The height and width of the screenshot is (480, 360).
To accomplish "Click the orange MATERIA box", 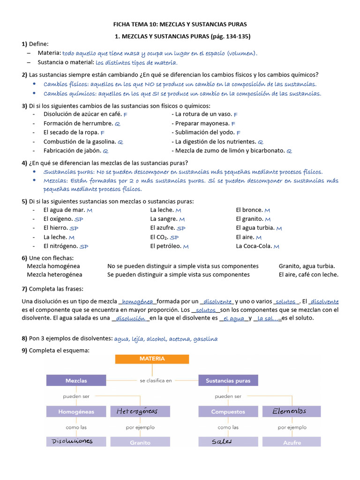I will (x=152, y=359).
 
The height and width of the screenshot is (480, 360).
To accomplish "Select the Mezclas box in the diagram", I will (x=76, y=381).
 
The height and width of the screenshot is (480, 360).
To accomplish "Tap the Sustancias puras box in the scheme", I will (x=228, y=381).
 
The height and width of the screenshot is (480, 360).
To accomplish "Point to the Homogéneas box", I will (x=76, y=412).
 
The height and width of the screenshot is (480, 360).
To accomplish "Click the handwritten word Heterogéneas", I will (x=137, y=412).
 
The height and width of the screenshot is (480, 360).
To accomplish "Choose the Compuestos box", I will (x=228, y=412).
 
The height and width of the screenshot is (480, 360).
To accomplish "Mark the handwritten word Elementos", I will (x=291, y=412).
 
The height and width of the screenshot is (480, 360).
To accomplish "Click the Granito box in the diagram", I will (x=140, y=442).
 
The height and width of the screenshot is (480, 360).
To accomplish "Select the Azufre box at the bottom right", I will (x=292, y=442).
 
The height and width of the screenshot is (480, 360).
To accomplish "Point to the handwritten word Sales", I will (x=222, y=442).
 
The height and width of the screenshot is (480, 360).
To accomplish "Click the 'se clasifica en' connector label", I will (x=156, y=381).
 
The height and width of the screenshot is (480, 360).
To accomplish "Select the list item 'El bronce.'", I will (x=249, y=210).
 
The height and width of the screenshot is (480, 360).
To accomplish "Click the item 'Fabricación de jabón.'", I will (x=72, y=150).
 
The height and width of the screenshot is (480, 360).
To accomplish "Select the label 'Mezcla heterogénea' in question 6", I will (x=54, y=275).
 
